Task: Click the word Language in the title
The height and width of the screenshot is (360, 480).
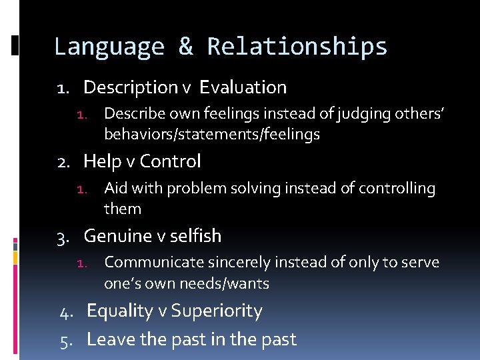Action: point(108,47)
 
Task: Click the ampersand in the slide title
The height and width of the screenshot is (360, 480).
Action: point(186,47)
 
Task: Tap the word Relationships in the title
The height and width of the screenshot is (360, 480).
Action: point(297,47)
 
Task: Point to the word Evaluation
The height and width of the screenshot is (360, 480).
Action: point(243,87)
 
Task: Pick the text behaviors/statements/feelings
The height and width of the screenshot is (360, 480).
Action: point(212,135)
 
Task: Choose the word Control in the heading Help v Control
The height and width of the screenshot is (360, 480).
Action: point(170,161)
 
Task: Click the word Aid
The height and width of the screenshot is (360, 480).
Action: point(116,189)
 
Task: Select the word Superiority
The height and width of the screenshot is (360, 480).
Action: point(217,311)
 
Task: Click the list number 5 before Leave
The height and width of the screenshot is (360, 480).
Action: point(65,340)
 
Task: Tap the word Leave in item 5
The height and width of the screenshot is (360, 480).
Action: point(109,339)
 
